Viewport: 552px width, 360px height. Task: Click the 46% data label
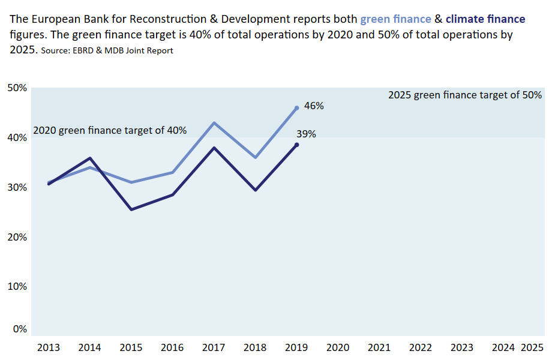click(x=314, y=106)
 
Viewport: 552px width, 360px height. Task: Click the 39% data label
click(x=306, y=134)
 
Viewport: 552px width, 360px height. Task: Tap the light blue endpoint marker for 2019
click(x=296, y=109)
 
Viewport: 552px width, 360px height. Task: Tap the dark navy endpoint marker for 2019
click(x=296, y=145)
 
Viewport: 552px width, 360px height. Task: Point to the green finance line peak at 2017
click(x=214, y=123)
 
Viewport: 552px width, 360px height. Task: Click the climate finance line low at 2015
click(x=131, y=209)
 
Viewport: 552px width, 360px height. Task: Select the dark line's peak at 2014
click(x=90, y=158)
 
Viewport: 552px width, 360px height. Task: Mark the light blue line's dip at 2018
click(x=256, y=158)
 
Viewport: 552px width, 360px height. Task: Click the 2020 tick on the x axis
click(x=338, y=347)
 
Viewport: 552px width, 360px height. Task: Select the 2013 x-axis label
click(x=48, y=347)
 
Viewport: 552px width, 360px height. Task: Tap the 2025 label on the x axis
click(x=532, y=347)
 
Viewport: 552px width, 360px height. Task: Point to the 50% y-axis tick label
click(x=17, y=88)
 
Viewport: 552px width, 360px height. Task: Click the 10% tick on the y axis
click(x=17, y=287)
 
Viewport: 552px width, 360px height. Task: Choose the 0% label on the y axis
click(x=20, y=329)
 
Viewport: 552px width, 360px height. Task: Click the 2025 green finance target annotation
click(x=465, y=95)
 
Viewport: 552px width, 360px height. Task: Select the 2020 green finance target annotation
click(x=110, y=130)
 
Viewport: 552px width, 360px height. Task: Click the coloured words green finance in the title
click(x=395, y=20)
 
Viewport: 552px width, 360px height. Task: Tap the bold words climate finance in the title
click(x=485, y=20)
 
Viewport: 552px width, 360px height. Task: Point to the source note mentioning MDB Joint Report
click(x=107, y=51)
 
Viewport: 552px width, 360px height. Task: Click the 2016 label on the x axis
click(x=172, y=347)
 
